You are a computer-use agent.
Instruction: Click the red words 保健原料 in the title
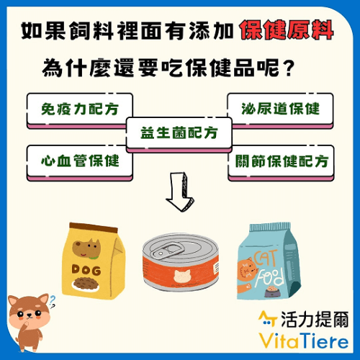tap(287, 30)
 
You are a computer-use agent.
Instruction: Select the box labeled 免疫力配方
tap(80, 111)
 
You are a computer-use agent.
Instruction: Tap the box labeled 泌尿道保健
tap(280, 111)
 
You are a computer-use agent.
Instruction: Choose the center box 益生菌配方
tap(179, 135)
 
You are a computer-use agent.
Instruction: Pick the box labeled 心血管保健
tap(80, 163)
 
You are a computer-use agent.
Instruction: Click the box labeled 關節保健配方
tap(281, 163)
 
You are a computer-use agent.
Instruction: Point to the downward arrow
tap(180, 192)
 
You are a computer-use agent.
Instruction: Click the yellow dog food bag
tap(94, 261)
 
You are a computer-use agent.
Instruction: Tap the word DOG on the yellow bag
tap(86, 270)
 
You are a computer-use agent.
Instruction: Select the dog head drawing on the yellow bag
tap(86, 248)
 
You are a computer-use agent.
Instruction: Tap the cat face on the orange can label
tap(182, 276)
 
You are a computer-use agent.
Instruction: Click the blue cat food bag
tap(269, 261)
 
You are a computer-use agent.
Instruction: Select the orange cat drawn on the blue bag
tap(247, 270)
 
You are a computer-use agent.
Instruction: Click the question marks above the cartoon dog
tap(52, 302)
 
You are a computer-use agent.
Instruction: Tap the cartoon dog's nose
tap(30, 315)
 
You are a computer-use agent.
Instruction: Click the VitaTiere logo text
tap(304, 341)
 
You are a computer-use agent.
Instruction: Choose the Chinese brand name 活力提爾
tap(315, 319)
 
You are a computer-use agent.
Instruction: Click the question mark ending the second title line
tap(288, 68)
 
